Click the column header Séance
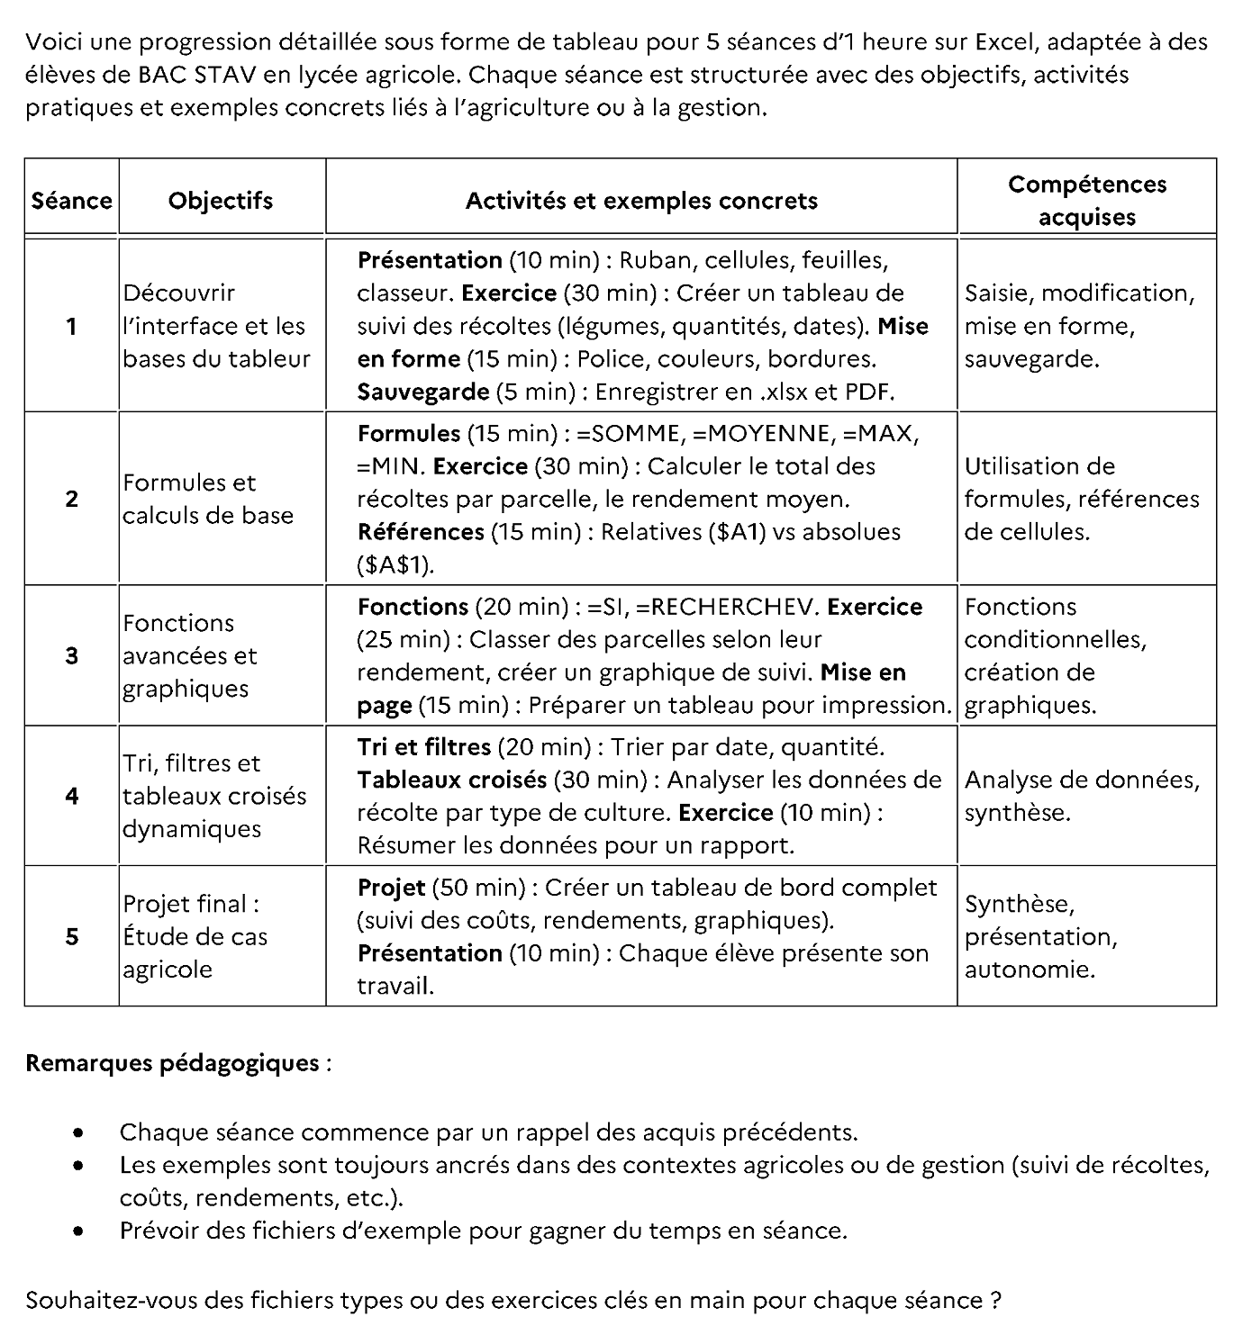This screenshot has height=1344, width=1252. [x=71, y=200]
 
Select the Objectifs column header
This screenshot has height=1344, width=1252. [x=221, y=200]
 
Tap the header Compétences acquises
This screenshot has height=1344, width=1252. [x=1086, y=200]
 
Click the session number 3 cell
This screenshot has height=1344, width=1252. [x=71, y=655]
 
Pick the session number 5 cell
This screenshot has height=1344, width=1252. [x=71, y=936]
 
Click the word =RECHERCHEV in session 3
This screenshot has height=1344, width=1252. [x=727, y=607]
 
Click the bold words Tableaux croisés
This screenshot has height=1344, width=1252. [x=452, y=780]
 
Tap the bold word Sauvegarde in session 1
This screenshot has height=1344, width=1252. [x=422, y=392]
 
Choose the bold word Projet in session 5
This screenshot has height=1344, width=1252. [x=391, y=888]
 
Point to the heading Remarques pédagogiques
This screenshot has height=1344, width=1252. [x=173, y=1063]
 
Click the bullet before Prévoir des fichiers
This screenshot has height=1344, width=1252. [x=81, y=1231]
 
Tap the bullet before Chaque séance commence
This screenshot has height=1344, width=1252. [x=81, y=1132]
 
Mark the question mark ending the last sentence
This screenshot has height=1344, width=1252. [x=995, y=1301]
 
